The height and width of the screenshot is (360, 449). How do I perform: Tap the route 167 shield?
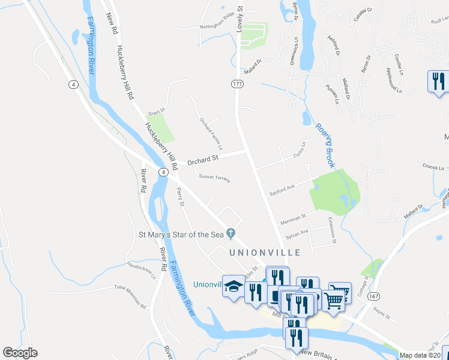(x=374, y=296)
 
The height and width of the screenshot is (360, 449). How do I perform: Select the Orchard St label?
(x=201, y=161)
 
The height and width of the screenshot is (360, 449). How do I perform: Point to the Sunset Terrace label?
(x=214, y=178)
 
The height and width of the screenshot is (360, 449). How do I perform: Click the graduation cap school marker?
(x=233, y=285)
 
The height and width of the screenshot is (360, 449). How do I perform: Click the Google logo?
(x=20, y=353)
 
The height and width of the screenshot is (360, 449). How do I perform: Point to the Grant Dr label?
(x=156, y=112)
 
